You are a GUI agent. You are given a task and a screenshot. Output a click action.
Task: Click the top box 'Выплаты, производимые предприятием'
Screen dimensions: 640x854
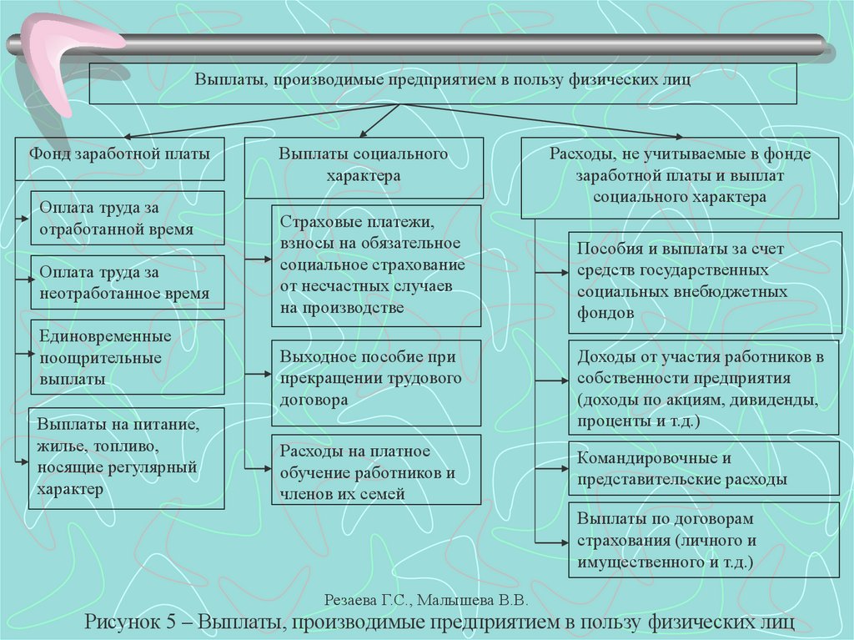444,83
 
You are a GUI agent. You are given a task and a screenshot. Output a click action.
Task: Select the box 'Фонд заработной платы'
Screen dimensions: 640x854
120,158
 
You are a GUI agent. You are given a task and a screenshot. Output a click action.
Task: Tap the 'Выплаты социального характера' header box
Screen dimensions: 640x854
364,167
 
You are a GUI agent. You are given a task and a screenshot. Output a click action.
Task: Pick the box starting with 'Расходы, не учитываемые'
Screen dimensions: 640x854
680,177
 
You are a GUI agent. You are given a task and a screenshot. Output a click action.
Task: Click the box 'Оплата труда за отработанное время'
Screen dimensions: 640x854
128,218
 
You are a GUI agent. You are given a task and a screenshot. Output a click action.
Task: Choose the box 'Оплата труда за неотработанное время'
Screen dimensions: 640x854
128,283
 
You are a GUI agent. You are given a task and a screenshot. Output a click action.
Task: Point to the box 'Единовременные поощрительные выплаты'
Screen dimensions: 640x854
128,357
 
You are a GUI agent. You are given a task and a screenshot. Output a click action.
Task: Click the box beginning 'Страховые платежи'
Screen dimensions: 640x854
377,265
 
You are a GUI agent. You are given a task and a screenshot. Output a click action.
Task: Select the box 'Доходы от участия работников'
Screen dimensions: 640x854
704,388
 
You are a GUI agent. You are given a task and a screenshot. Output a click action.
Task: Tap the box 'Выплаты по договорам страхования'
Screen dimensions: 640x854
704,540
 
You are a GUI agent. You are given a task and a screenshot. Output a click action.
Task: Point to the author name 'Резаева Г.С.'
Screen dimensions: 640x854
367,600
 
